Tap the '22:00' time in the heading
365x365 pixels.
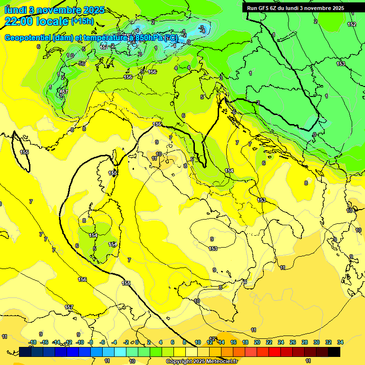pyautogui.click(x=19, y=21)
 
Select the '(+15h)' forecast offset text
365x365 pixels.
pyautogui.click(x=82, y=21)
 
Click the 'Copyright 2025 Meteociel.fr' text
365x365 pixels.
pyautogui.click(x=202, y=361)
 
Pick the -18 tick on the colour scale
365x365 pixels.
pyautogui.click(x=32, y=342)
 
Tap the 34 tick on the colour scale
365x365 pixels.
pyautogui.click(x=340, y=342)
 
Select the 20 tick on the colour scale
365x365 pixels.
pyautogui.click(x=257, y=342)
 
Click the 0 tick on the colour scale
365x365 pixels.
pyautogui.click(x=136, y=342)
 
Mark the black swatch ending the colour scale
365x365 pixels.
pyautogui.click(x=334, y=352)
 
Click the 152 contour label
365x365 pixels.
pyautogui.click(x=352, y=24)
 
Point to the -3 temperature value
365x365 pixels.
pyautogui.click(x=202, y=28)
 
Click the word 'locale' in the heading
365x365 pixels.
pyautogui.click(x=53, y=21)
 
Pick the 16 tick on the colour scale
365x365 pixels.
pyautogui.click(x=233, y=342)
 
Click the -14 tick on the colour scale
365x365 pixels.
pyautogui.click(x=56, y=342)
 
